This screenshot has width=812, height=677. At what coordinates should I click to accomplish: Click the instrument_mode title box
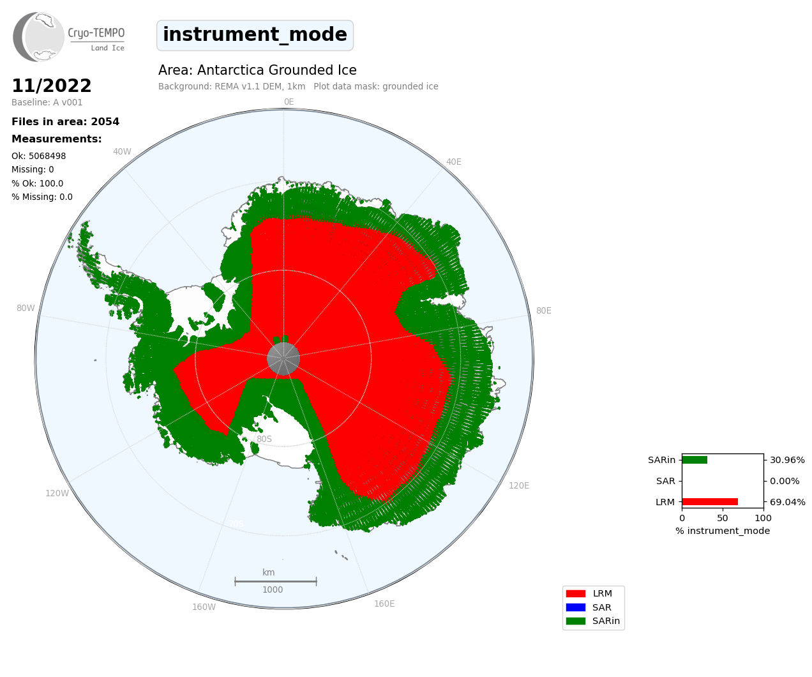click(255, 35)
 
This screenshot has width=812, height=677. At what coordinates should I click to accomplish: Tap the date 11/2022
click(52, 86)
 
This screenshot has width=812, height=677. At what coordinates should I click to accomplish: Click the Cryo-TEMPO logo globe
click(38, 37)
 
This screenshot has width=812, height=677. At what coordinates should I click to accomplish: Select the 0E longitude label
click(289, 102)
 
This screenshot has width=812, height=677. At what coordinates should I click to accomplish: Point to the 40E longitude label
click(453, 162)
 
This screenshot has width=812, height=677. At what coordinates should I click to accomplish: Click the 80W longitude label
click(26, 308)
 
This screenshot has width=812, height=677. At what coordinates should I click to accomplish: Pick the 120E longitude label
click(519, 485)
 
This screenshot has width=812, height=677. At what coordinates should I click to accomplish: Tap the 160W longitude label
click(204, 607)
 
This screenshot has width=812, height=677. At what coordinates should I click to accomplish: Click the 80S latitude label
click(264, 439)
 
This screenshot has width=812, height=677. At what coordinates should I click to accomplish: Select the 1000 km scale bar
click(276, 582)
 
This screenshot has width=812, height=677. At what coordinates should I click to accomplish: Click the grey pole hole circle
click(283, 359)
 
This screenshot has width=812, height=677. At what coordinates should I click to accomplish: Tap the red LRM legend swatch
click(576, 594)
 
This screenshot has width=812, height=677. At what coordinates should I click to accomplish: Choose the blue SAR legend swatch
click(576, 607)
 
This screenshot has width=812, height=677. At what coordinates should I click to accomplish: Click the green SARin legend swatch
click(576, 621)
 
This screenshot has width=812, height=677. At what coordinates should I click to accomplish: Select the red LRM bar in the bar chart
click(710, 502)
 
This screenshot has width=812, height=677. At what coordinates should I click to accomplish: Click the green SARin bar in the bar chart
click(695, 460)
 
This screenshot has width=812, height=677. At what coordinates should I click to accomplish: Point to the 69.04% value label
click(788, 502)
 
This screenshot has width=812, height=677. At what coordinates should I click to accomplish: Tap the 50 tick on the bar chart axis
click(723, 518)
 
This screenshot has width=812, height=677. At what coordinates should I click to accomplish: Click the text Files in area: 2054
click(65, 122)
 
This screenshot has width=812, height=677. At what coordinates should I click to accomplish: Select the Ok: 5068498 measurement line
click(38, 156)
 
